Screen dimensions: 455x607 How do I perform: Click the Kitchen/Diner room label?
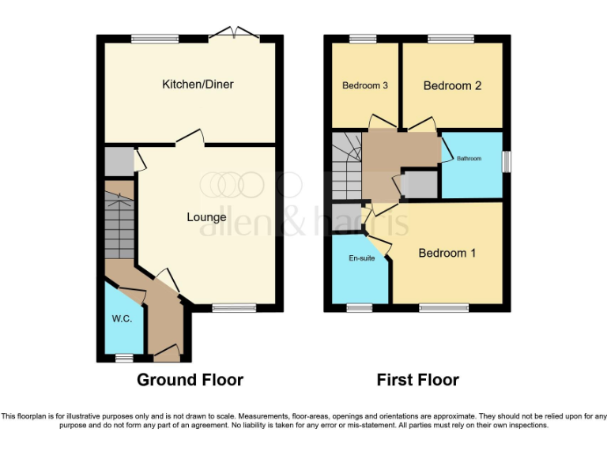point(198,85)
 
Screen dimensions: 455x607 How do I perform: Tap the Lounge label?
point(206,217)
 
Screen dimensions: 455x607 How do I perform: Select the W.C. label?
point(122,318)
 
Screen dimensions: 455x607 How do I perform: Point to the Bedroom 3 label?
point(364,85)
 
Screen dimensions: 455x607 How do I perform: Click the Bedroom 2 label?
point(452,85)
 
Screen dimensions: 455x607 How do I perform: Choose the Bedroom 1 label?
point(447,253)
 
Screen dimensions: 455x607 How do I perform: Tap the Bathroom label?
point(469,159)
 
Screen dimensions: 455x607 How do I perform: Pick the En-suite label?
point(362,258)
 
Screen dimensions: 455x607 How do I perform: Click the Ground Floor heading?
point(190,380)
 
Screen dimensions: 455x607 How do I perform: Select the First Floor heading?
point(417,380)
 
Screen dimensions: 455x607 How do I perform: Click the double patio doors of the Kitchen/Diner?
point(236,35)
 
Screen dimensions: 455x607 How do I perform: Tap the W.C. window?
point(123,358)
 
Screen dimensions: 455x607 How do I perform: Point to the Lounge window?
point(234,308)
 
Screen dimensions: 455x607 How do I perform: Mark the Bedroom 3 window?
point(364,38)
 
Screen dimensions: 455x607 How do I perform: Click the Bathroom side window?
point(506,160)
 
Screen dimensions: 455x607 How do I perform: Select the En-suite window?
point(360,308)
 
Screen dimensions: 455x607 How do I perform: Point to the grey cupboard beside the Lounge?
point(119,161)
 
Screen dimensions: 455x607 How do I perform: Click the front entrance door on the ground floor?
point(167,350)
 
